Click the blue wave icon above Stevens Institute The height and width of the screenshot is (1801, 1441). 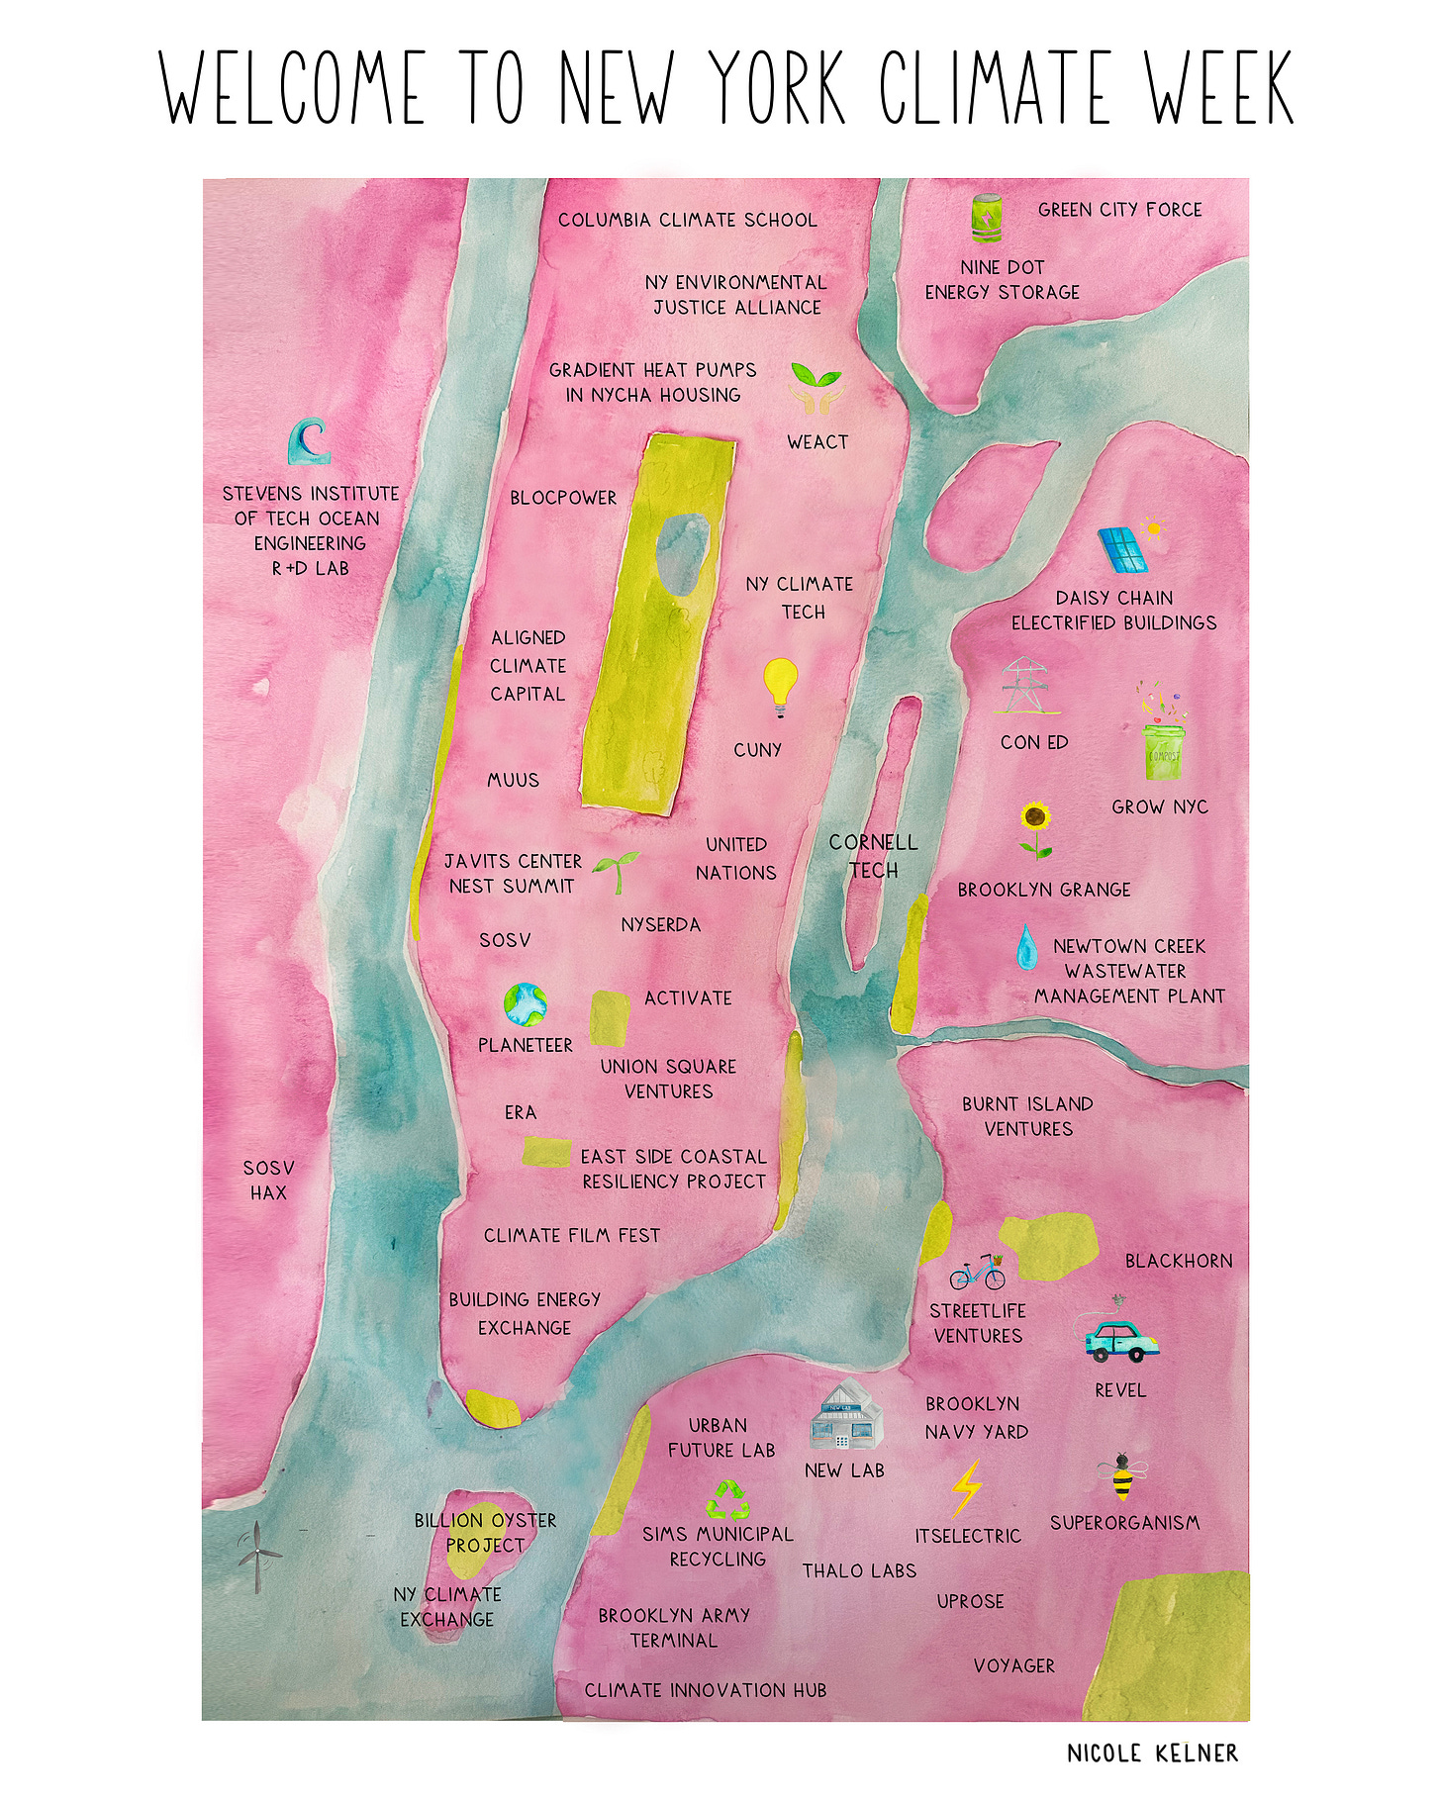(309, 441)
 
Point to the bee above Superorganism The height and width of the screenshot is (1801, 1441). (1121, 1477)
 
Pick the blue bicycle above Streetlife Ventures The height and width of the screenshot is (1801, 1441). (977, 1272)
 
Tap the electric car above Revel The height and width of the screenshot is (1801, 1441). (1120, 1338)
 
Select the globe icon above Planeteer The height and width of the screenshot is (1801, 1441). (525, 1004)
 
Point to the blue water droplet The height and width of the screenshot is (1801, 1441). (1026, 947)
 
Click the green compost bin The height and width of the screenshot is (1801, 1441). (1163, 752)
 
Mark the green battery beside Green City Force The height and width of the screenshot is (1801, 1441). (987, 219)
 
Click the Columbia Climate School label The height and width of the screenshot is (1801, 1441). (688, 220)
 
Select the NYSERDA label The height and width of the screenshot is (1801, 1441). (660, 925)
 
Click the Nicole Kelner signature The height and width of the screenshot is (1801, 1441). (1152, 1753)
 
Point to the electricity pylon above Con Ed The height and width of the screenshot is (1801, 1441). (1024, 686)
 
